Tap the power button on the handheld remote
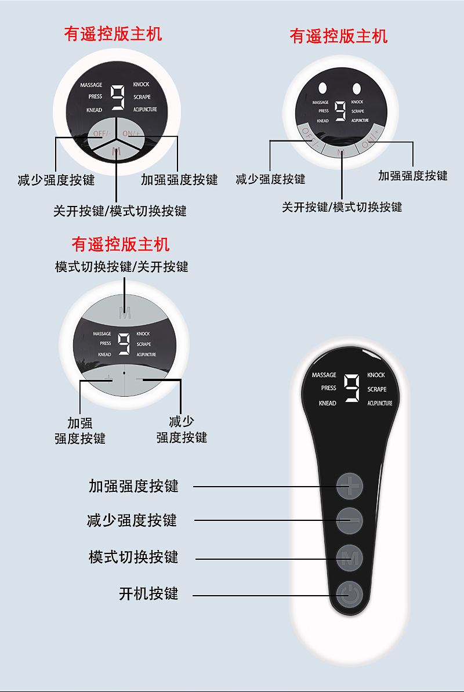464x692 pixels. (x=350, y=595)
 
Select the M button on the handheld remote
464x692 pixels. (x=350, y=558)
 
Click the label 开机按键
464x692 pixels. (x=148, y=594)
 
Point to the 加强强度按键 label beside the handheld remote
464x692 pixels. (x=133, y=486)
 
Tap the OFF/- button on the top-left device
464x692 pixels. (x=101, y=134)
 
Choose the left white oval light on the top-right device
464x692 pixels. (x=322, y=88)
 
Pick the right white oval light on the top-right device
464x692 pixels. (x=356, y=88)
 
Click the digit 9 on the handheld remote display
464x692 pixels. (x=352, y=387)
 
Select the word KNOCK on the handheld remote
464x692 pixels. (x=376, y=375)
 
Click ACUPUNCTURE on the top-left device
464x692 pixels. (x=145, y=110)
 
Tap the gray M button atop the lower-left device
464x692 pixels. (x=125, y=314)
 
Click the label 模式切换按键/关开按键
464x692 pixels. (x=122, y=267)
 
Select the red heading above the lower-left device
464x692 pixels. (x=121, y=244)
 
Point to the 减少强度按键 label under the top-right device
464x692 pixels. (x=270, y=179)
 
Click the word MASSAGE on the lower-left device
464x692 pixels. (x=102, y=334)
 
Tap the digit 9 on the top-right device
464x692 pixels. (x=340, y=111)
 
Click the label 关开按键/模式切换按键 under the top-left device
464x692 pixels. (x=120, y=211)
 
